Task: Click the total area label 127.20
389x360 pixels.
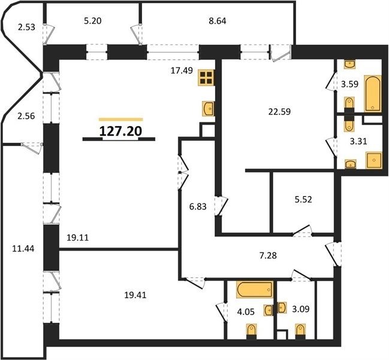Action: (x=120, y=131)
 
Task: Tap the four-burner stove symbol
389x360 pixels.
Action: (x=206, y=78)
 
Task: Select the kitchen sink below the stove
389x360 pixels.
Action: (x=209, y=109)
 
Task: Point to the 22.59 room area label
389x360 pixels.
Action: (x=279, y=112)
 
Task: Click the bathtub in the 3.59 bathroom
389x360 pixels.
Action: (x=373, y=94)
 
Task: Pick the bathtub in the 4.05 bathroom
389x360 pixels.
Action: (x=255, y=289)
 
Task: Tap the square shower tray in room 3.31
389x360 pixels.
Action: (x=374, y=160)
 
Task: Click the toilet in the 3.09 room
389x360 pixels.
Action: (x=300, y=332)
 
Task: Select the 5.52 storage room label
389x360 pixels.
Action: (x=303, y=199)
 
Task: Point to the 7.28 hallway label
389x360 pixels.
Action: (x=268, y=255)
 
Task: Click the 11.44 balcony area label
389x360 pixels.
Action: (x=23, y=248)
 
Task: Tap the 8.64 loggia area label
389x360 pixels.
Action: (x=218, y=21)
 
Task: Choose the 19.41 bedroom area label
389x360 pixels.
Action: (x=135, y=295)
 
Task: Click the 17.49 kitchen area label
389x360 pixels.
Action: (x=182, y=71)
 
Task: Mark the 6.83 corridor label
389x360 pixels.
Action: (x=198, y=206)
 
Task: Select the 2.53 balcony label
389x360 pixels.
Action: (x=26, y=27)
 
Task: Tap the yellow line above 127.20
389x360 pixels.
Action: (x=121, y=119)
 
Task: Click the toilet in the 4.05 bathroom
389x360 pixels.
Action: (x=252, y=332)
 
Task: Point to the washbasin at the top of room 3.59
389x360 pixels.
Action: (x=350, y=64)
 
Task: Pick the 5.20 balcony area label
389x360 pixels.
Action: (x=92, y=21)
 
